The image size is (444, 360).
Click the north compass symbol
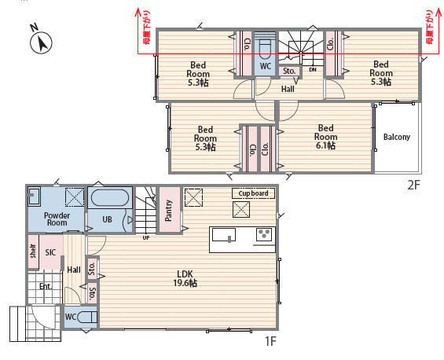41,42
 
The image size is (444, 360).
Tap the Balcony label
396,137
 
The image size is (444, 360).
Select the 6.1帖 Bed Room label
325,137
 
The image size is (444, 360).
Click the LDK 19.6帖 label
185,278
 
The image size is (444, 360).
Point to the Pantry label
168,210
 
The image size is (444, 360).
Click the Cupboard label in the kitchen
253,193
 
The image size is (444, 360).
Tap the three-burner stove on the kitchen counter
264,234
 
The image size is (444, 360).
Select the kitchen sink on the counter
224,235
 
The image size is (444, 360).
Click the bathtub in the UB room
110,197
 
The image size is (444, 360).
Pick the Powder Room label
57,219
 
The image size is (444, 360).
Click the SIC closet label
50,252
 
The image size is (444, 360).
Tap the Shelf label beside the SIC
33,252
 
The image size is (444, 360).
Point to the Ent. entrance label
46,287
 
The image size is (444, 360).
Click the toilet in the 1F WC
86,317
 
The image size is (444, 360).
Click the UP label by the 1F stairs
146,238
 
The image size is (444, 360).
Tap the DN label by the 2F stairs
313,69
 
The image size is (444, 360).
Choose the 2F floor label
413,186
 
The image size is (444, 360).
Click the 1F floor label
270,341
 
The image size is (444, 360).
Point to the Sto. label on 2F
289,71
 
